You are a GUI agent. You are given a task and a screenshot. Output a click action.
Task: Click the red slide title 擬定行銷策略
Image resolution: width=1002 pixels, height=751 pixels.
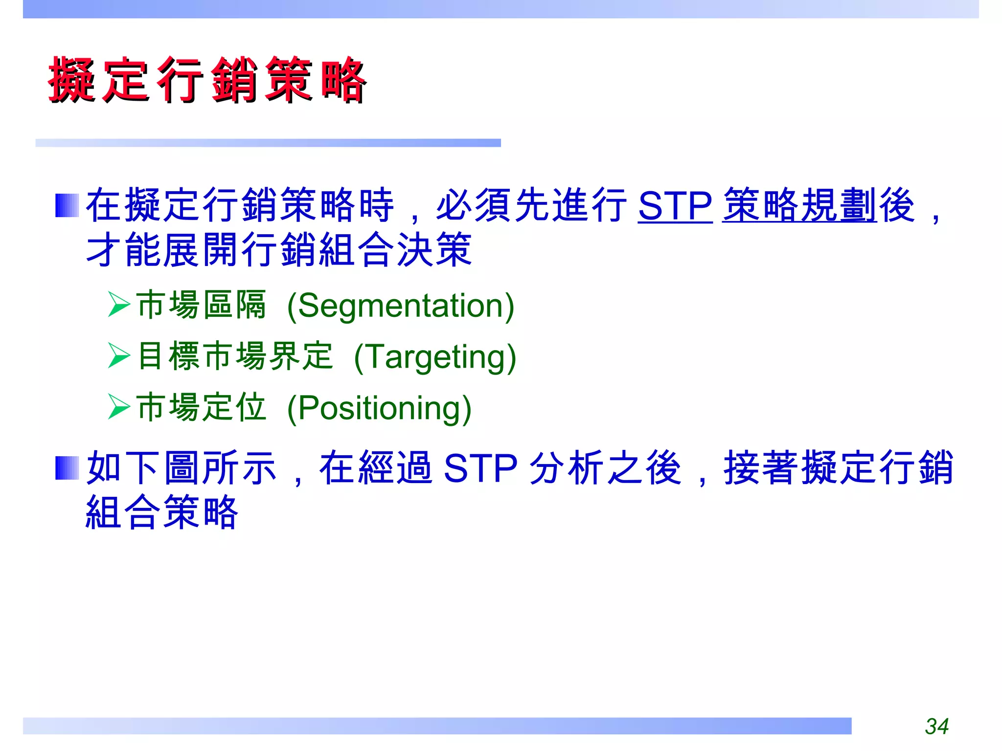tap(206, 80)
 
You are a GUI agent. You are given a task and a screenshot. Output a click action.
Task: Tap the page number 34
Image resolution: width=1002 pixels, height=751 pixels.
tap(936, 727)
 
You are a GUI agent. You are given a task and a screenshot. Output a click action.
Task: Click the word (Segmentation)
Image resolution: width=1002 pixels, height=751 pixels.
tap(400, 306)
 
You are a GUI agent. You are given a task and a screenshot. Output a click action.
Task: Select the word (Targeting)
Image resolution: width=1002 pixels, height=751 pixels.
tap(434, 357)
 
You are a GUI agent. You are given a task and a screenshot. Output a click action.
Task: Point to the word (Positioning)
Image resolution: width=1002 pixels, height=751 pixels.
tap(379, 409)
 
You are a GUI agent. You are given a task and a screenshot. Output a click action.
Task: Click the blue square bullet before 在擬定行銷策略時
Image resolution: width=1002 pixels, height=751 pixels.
tap(67, 205)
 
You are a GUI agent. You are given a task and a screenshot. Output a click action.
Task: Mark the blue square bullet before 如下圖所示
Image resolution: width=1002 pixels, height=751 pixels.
tap(67, 468)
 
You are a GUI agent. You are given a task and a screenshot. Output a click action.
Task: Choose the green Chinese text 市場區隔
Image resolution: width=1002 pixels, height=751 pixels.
tap(201, 305)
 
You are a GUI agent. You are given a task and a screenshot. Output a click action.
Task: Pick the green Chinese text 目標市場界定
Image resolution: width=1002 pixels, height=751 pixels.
tap(235, 356)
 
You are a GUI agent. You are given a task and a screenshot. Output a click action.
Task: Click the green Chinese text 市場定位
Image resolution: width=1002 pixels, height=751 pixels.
tap(201, 407)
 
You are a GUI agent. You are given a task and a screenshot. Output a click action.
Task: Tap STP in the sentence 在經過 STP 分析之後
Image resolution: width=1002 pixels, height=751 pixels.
tap(480, 468)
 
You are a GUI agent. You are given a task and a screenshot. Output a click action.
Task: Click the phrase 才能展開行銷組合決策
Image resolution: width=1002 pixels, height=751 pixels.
tap(279, 250)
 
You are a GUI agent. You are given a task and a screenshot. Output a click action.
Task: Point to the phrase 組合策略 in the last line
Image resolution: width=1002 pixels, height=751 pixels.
tap(162, 512)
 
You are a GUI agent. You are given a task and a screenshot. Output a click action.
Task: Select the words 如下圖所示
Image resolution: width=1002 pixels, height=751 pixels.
tap(181, 468)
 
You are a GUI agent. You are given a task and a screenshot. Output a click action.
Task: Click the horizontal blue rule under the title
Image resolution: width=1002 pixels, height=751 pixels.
tap(268, 143)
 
